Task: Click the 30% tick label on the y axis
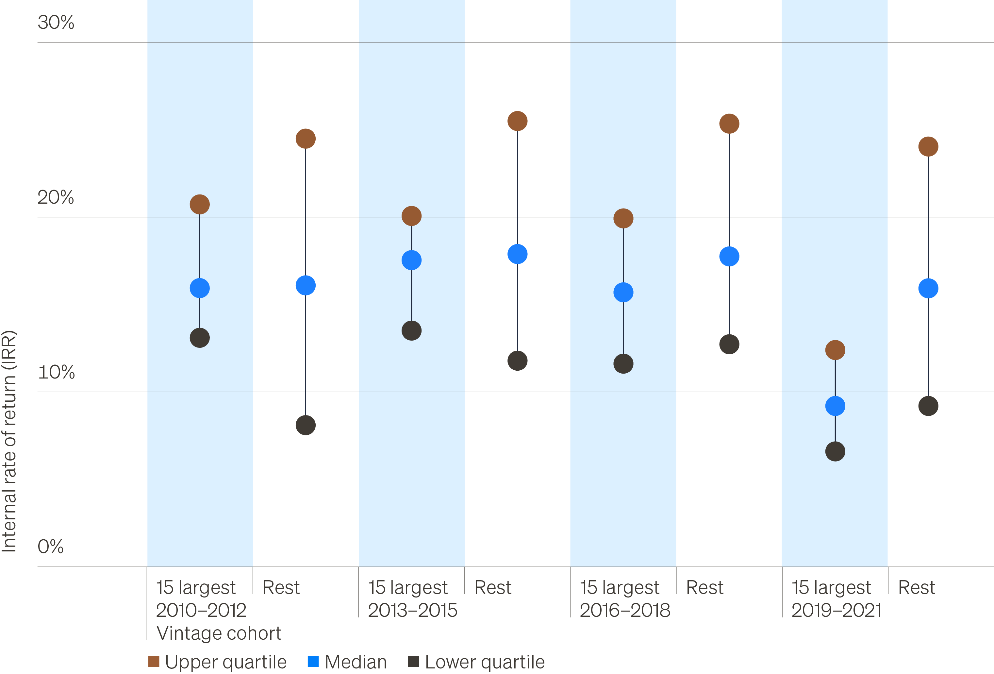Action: tap(56, 22)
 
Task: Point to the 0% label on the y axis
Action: tap(50, 547)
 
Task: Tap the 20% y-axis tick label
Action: tap(56, 197)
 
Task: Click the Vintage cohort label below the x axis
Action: tap(219, 633)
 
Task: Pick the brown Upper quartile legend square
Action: tap(154, 662)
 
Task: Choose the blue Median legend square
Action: tap(313, 662)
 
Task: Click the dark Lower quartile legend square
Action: tap(413, 662)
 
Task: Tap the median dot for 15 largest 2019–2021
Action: tap(835, 406)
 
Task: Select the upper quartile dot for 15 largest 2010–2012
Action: tap(200, 204)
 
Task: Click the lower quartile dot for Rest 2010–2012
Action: tap(306, 425)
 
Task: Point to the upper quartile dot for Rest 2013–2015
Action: tap(518, 121)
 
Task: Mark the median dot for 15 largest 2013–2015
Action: tap(411, 260)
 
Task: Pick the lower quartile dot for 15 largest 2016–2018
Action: tap(623, 364)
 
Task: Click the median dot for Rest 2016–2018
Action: tap(729, 256)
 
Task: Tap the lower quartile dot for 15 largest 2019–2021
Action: tap(835, 451)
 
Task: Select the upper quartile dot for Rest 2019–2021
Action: tap(928, 147)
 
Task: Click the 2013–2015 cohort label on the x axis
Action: tap(412, 610)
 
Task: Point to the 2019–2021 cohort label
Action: tap(836, 610)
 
